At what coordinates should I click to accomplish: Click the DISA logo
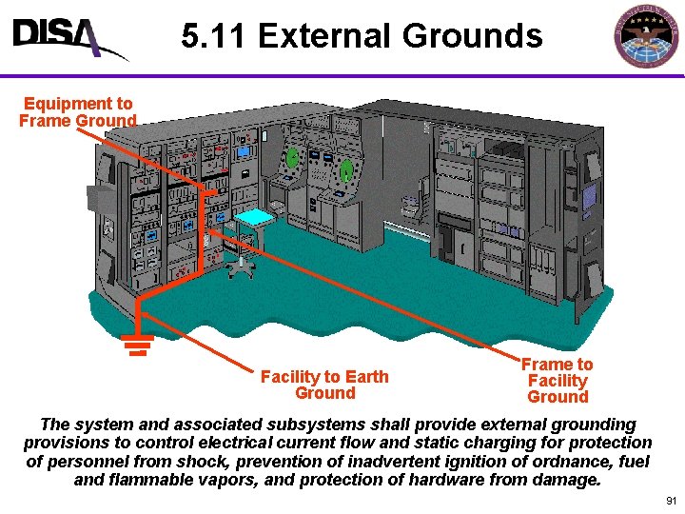(67, 38)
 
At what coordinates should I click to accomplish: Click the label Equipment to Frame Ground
(78, 111)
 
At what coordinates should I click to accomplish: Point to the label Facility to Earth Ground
(324, 385)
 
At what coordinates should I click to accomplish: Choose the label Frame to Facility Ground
(558, 380)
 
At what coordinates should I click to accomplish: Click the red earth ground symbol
(137, 344)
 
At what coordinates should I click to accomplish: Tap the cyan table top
(254, 217)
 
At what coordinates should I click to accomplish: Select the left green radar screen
(293, 156)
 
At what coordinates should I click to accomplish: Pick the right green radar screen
(347, 170)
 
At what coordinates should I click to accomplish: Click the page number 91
(671, 501)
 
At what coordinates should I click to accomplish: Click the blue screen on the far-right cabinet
(589, 197)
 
